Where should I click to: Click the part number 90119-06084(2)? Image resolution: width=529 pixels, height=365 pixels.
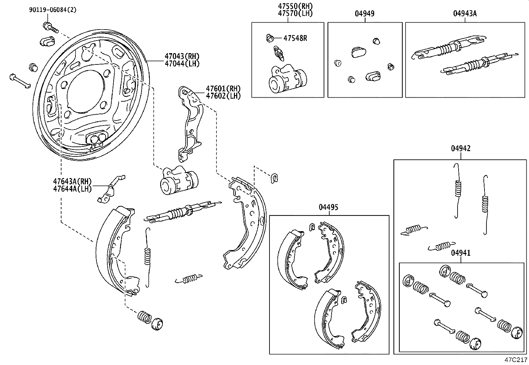[x=53, y=10]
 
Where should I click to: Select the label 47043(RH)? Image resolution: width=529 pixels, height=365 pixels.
[x=182, y=56]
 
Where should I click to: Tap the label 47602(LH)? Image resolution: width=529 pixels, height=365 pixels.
[x=223, y=96]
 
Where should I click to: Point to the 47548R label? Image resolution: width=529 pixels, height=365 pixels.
[x=295, y=38]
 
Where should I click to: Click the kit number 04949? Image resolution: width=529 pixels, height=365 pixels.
[x=365, y=14]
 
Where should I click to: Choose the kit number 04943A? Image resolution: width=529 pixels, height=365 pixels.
[x=465, y=14]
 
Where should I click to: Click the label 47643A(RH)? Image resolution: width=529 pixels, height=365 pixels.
[x=72, y=182]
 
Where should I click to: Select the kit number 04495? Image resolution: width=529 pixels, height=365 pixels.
[x=328, y=207]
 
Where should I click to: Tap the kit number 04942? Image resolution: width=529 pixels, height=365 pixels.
[x=461, y=148]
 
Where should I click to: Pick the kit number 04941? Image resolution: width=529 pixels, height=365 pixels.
[x=461, y=253]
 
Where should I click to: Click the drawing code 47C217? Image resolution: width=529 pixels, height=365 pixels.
[x=516, y=360]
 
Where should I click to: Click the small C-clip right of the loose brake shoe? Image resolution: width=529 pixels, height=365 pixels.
[x=274, y=178]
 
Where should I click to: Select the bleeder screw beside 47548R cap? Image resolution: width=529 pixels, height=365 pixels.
[x=278, y=53]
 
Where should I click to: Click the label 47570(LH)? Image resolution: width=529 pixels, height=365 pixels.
[x=295, y=14]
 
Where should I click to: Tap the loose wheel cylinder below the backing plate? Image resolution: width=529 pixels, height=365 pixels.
[x=178, y=181]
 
